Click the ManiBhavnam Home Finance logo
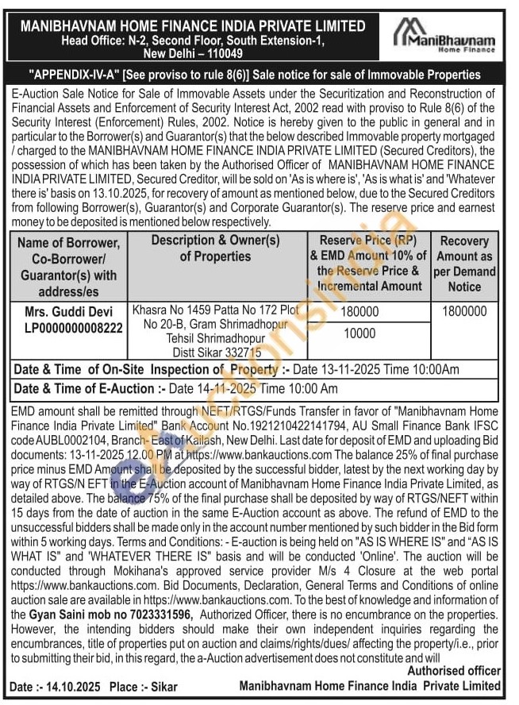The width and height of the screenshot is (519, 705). pyautogui.click(x=444, y=37)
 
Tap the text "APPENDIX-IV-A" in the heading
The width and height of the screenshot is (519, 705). pyautogui.click(x=74, y=75)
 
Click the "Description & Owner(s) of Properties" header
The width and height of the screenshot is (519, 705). pyautogui.click(x=215, y=248)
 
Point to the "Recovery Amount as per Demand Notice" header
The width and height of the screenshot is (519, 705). pyautogui.click(x=464, y=264)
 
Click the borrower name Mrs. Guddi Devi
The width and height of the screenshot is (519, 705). pyautogui.click(x=68, y=312)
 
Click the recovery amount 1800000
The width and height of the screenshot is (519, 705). pyautogui.click(x=464, y=312)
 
